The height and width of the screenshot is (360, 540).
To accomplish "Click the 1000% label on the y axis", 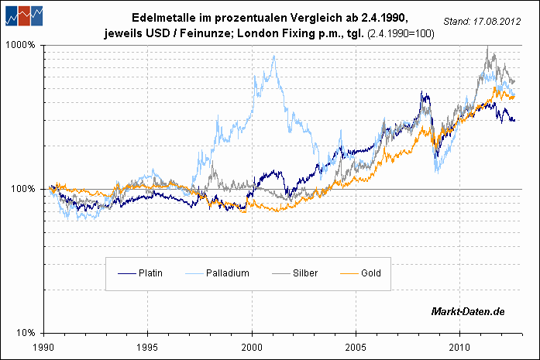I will point(22,45).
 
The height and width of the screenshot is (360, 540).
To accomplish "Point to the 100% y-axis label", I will point(25,189).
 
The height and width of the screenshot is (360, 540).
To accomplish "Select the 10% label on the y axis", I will point(27,333).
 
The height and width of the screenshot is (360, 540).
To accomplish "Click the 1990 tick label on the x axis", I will point(45,347).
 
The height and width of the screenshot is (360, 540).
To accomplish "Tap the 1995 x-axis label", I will point(149,347).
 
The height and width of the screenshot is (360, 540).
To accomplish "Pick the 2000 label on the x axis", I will point(253,347).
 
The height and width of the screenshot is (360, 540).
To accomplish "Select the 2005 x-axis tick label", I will point(356,347).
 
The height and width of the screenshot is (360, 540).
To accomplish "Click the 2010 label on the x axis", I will point(460,347).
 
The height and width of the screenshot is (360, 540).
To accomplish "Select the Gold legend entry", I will point(370,273).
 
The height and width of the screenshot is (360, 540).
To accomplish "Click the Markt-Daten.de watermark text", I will point(468,311).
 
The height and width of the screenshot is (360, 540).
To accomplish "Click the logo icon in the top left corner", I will point(22,15).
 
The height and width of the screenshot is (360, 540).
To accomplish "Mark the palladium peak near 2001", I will point(273,57).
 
